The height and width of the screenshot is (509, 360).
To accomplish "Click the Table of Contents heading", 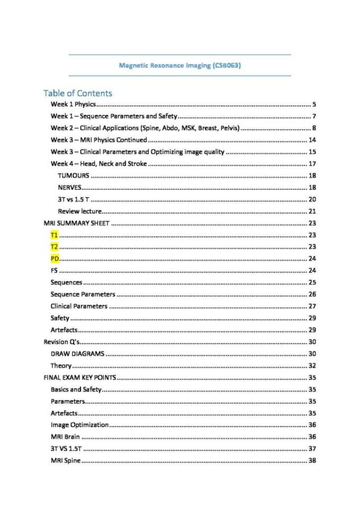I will (78, 93).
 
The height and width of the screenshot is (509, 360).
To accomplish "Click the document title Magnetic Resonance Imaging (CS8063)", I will (181, 66).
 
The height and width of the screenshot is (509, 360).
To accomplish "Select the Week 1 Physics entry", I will (73, 104).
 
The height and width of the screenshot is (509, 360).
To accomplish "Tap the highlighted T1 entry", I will (54, 234).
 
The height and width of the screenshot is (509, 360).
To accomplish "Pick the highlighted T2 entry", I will (54, 247).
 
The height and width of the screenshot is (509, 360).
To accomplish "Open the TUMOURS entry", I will (74, 175).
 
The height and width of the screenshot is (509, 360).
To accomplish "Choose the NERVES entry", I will (70, 187).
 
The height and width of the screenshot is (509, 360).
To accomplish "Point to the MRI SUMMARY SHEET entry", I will (76, 223).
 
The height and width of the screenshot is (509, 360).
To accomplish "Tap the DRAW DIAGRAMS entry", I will (77, 353).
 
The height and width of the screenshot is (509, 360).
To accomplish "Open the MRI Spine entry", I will (66, 460).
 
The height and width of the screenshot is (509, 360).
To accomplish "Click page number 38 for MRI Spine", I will (312, 460).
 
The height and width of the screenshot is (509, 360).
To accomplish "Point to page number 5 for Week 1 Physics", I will (314, 104).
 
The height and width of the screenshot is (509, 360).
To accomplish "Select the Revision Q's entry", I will (61, 341).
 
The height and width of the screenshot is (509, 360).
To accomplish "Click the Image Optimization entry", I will (80, 424).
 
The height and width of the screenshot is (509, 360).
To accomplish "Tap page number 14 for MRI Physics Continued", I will (312, 140).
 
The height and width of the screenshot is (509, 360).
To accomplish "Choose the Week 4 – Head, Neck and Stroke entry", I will (99, 163).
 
